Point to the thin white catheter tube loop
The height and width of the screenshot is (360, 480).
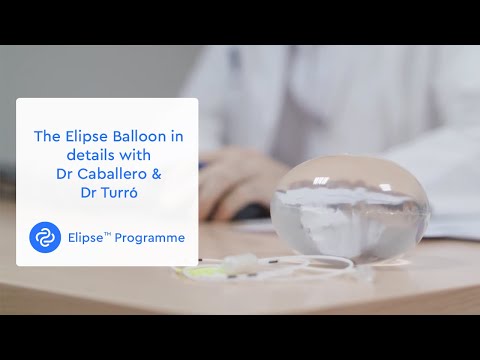[x=300, y=268]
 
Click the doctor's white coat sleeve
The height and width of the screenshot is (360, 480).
[x=300, y=150]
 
